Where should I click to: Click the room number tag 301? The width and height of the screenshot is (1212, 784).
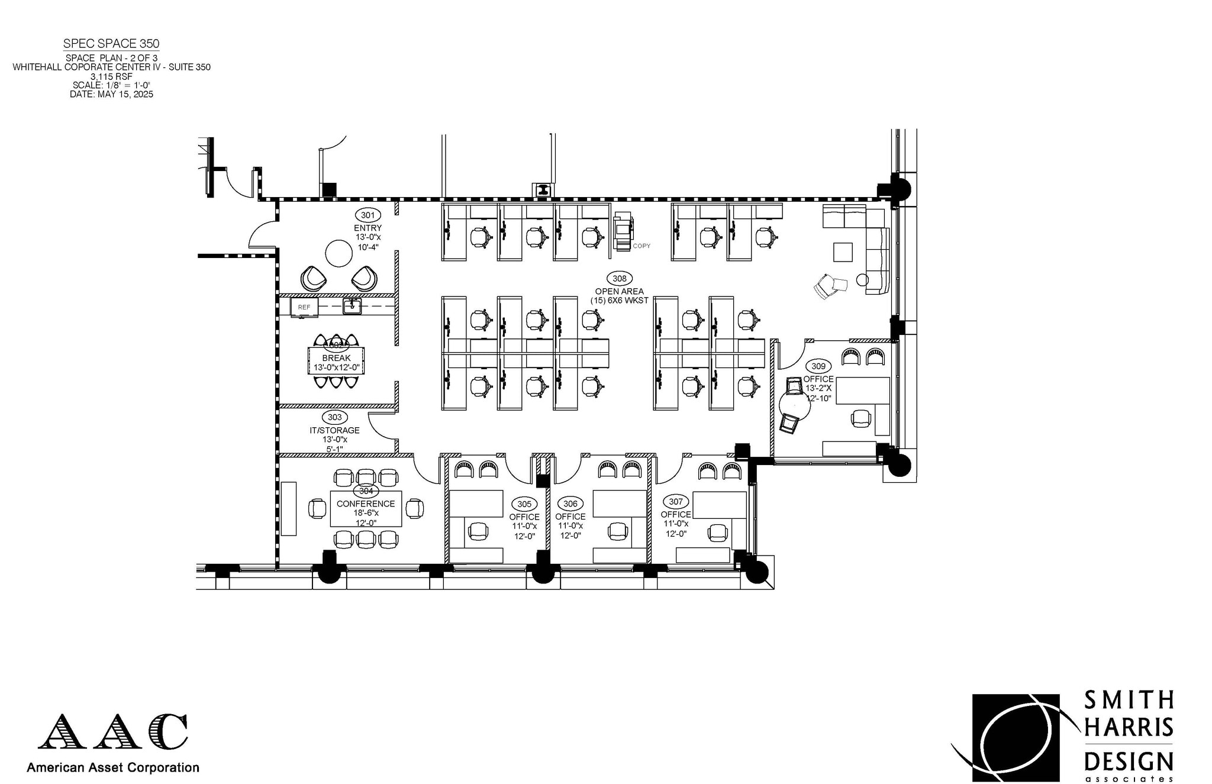point(368,215)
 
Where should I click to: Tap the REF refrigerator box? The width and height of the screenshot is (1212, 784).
point(304,307)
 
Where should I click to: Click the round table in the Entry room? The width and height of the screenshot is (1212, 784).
point(339,253)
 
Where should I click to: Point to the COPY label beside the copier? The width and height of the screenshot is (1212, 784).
point(642,246)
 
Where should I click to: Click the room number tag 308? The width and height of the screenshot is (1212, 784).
point(619,279)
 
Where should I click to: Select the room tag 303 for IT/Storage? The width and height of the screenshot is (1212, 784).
point(334,418)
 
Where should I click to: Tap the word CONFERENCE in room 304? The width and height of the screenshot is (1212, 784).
point(366,504)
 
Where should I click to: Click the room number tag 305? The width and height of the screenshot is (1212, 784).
point(524,504)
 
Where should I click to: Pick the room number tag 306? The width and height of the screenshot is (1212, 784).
point(570,504)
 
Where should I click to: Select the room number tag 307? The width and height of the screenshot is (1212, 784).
point(675,502)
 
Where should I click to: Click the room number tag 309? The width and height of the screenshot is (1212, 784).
point(818,366)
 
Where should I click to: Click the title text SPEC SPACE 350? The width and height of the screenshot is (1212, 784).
point(111,44)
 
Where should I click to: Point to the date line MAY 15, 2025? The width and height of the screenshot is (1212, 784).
point(111,94)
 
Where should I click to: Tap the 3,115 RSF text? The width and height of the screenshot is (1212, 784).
point(111,76)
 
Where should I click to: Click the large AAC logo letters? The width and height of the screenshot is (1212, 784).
point(112,731)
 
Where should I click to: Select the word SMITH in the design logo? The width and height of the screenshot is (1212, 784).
point(1128,700)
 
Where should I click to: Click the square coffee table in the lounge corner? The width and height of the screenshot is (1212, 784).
point(843,252)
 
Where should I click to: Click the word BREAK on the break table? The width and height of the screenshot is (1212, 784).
point(336,358)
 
